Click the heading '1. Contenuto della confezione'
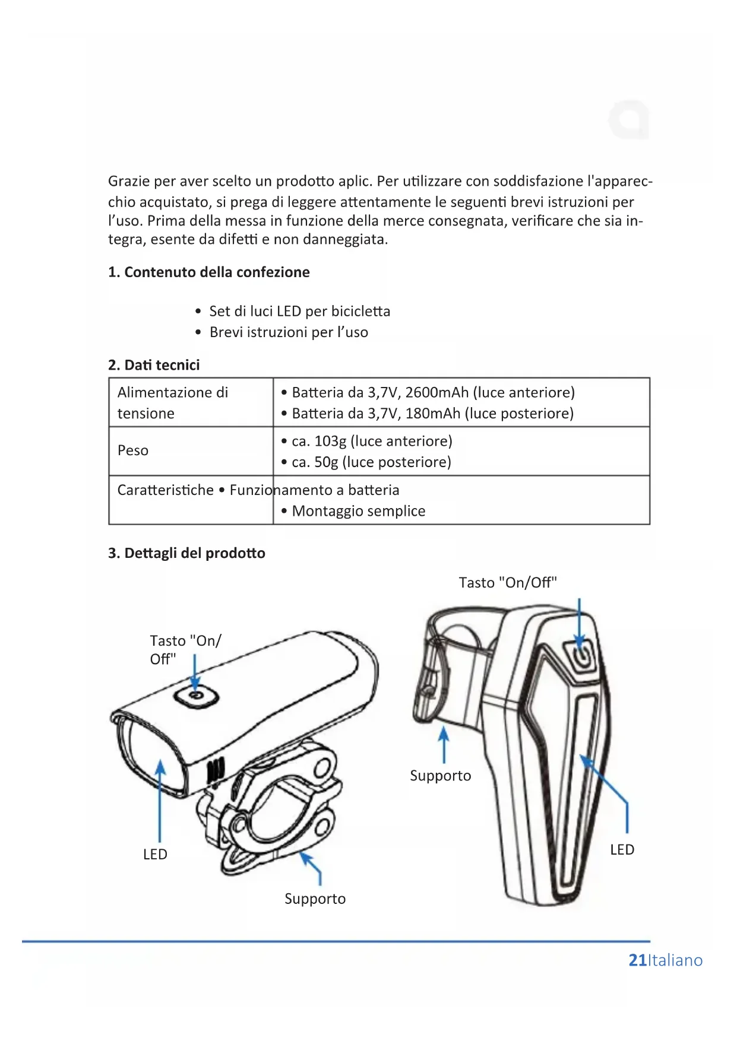click(x=208, y=272)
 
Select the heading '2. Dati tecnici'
click(x=154, y=365)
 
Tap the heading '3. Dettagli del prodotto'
click(x=186, y=553)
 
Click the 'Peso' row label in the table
click(x=133, y=450)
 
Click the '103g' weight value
click(x=330, y=441)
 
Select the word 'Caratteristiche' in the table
click(x=165, y=490)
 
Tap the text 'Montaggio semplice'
click(x=358, y=511)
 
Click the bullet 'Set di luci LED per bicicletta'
click(x=299, y=312)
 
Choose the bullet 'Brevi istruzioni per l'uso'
click(x=289, y=332)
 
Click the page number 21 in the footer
click(x=637, y=960)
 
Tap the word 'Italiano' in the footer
click(x=675, y=960)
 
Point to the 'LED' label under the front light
click(x=155, y=854)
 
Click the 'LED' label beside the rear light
click(x=622, y=849)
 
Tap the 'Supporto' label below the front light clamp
click(x=315, y=899)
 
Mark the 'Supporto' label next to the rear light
click(x=440, y=776)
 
